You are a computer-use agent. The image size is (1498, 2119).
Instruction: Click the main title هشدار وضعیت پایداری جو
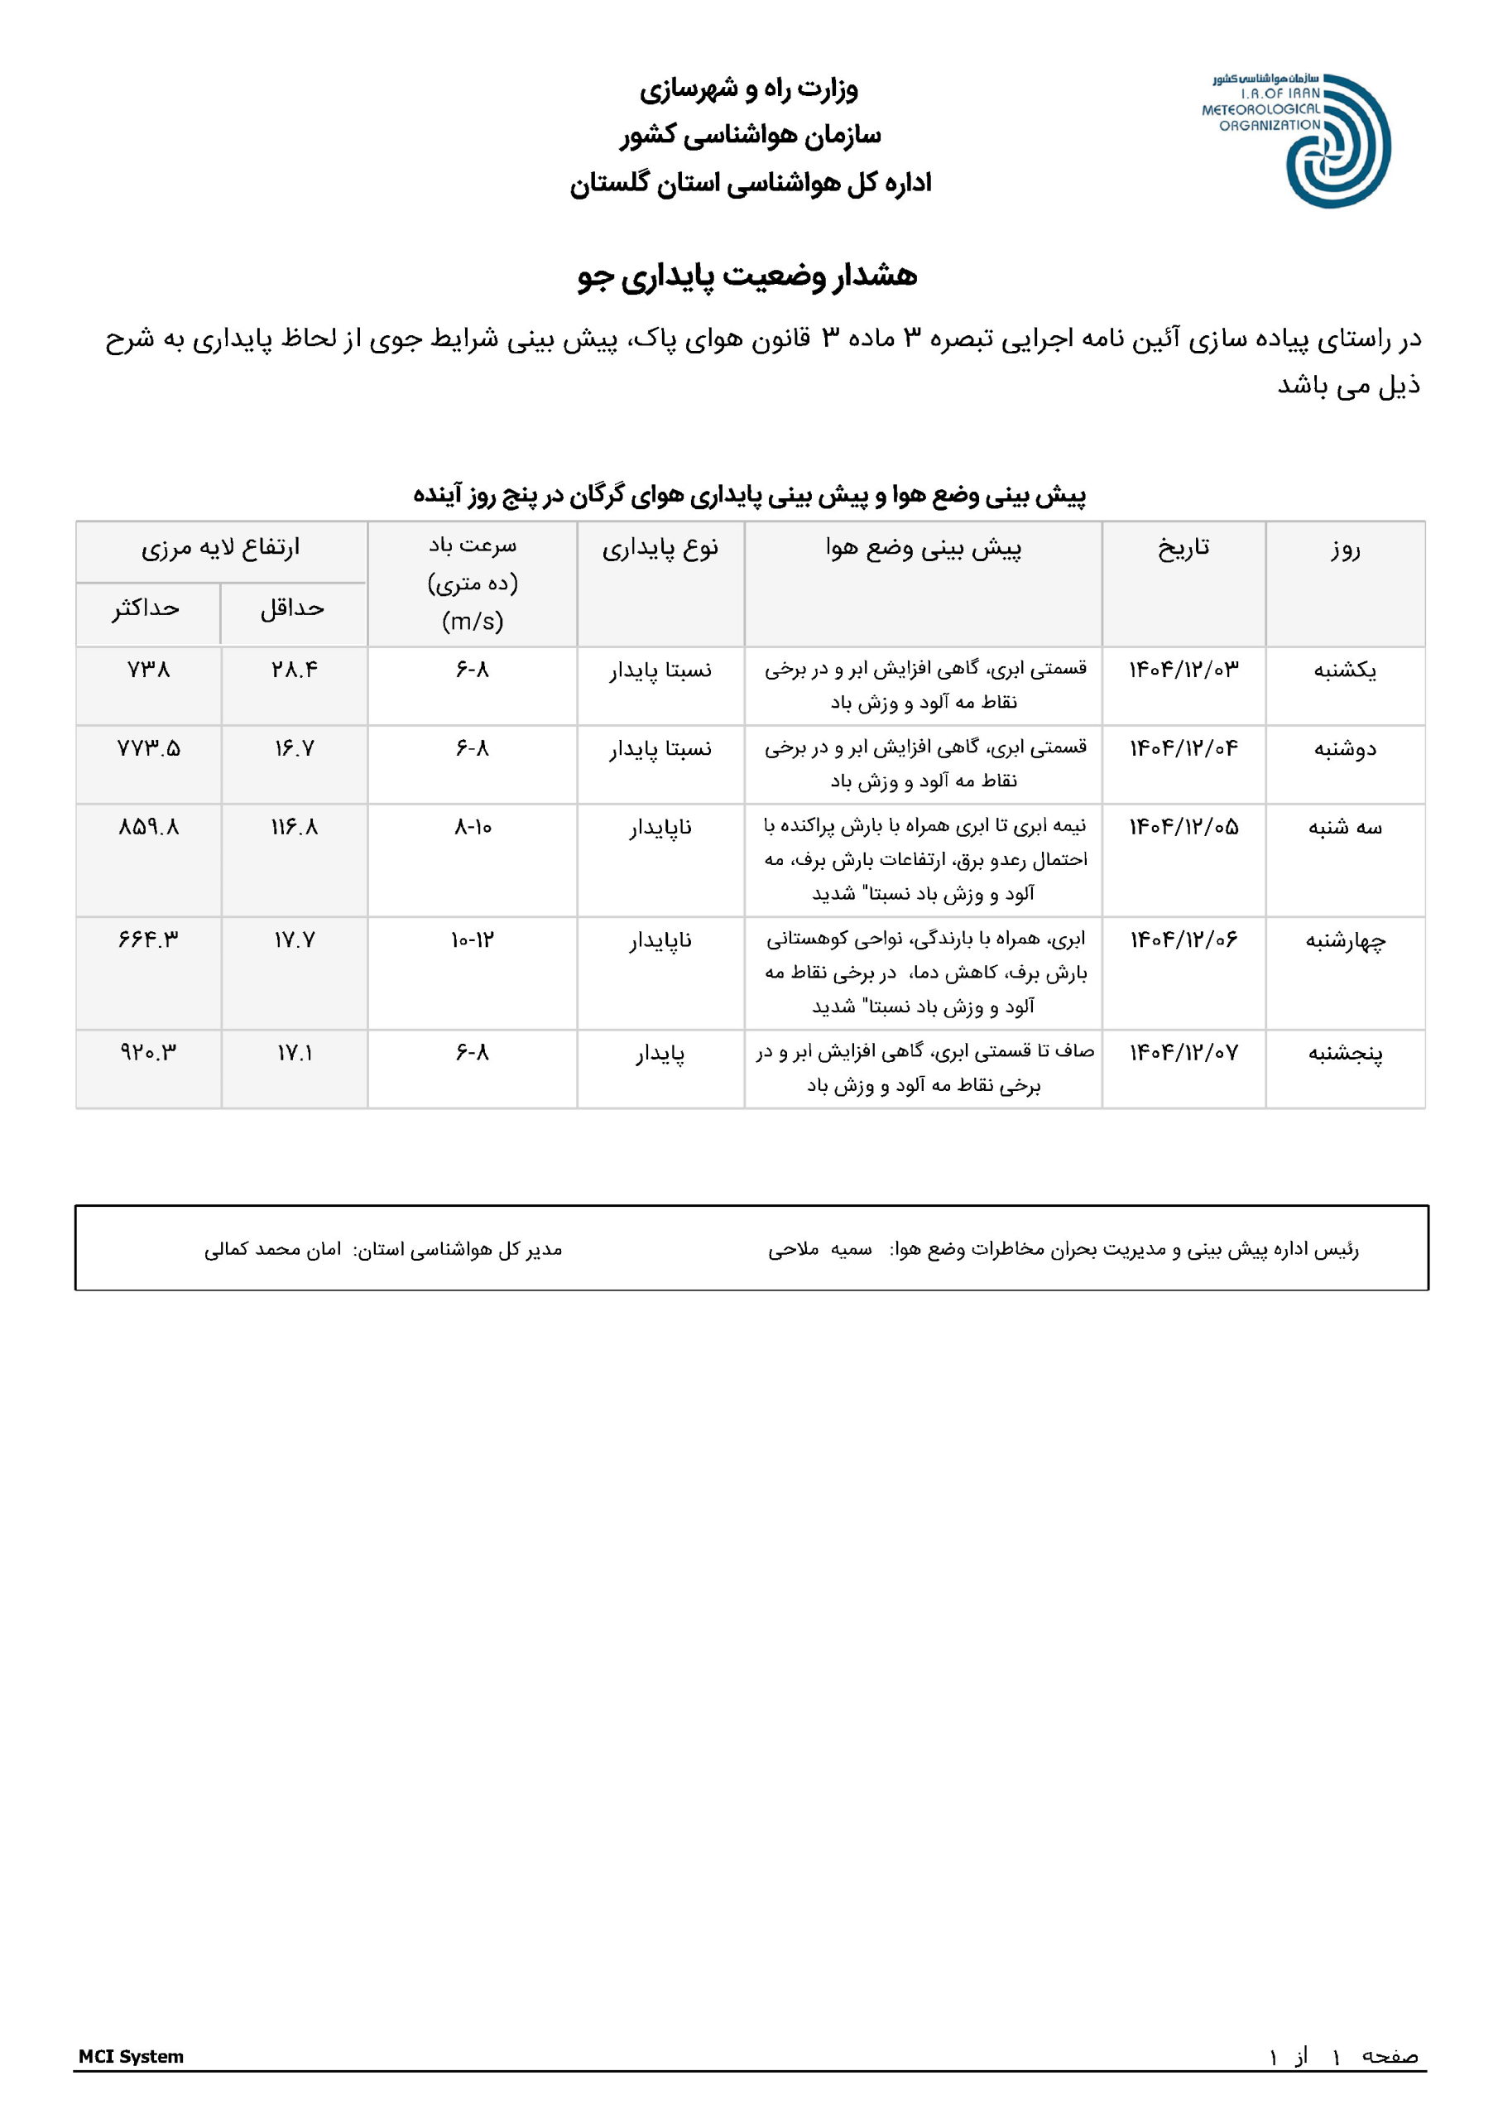pos(747,276)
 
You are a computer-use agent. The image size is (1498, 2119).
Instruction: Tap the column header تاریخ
pos(1184,548)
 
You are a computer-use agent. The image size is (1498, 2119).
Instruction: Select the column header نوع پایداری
pos(660,548)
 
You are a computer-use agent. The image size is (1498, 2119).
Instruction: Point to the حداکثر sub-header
pos(146,608)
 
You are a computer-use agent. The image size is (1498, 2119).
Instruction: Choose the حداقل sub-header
pos(293,608)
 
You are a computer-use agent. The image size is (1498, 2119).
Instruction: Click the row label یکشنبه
pos(1345,670)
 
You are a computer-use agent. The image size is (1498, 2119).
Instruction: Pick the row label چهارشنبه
pos(1345,940)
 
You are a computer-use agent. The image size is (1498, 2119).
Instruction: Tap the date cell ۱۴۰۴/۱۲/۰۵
pos(1184,827)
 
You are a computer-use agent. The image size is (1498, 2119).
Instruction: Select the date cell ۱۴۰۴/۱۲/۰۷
pos(1184,1053)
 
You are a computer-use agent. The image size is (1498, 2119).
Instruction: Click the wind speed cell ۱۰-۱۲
pos(473,940)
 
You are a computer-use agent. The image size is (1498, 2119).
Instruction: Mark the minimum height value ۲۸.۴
pos(295,670)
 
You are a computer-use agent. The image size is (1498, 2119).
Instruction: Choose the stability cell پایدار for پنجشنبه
pos(660,1053)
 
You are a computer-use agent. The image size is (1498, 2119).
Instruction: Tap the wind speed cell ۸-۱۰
pos(473,827)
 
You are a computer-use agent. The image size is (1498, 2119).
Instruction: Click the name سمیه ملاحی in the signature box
pos(819,1250)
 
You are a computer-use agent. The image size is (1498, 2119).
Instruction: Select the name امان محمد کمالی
pos(272,1250)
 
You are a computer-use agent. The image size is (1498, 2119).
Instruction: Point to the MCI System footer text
pos(131,2056)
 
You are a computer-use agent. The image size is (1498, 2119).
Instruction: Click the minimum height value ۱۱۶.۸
pos(295,827)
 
